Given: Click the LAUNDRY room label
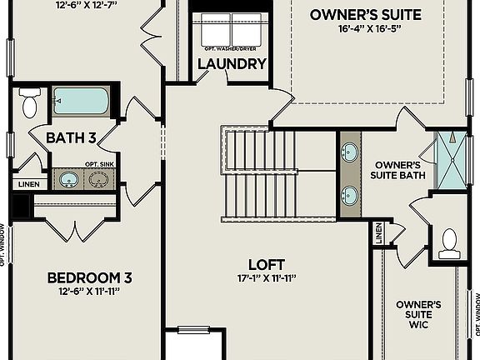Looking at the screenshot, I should click(x=232, y=64).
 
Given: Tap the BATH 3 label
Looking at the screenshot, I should click(x=72, y=137).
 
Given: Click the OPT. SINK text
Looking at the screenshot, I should click(x=99, y=164).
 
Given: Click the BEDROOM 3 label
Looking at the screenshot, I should click(x=89, y=277).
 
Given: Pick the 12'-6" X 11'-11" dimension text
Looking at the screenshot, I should click(x=89, y=292).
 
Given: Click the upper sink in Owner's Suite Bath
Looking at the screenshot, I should click(x=350, y=153).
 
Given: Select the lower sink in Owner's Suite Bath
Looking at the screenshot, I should click(x=350, y=195).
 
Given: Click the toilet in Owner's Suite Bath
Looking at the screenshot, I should click(x=450, y=242).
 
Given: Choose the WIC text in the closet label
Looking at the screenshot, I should click(x=419, y=326).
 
